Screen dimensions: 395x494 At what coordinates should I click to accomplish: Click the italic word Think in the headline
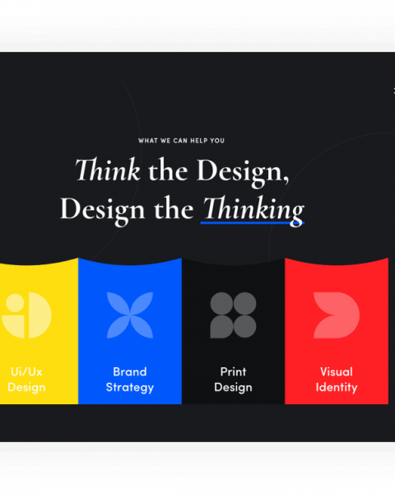108,170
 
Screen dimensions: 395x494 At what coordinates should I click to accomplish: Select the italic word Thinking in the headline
253,209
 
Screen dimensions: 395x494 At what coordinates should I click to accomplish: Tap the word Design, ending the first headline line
243,172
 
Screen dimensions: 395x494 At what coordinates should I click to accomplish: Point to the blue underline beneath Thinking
253,223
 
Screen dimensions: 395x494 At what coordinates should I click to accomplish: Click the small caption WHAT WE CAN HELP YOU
181,141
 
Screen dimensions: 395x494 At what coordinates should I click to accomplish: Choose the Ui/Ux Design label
26,380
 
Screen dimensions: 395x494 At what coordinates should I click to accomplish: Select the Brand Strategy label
130,380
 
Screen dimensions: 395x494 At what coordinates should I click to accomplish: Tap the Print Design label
233,380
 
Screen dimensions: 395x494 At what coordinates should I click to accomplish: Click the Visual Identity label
337,380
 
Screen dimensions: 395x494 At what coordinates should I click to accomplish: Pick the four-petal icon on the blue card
130,315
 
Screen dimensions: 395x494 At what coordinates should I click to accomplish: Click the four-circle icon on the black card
233,315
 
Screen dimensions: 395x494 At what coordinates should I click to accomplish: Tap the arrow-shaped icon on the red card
337,315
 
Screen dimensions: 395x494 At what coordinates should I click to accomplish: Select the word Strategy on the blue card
130,387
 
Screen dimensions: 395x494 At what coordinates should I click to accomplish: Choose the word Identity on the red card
337,387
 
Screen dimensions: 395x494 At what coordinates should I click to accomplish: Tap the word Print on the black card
233,372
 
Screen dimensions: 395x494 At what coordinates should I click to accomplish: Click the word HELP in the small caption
198,141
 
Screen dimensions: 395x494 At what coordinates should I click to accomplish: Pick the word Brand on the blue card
130,372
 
